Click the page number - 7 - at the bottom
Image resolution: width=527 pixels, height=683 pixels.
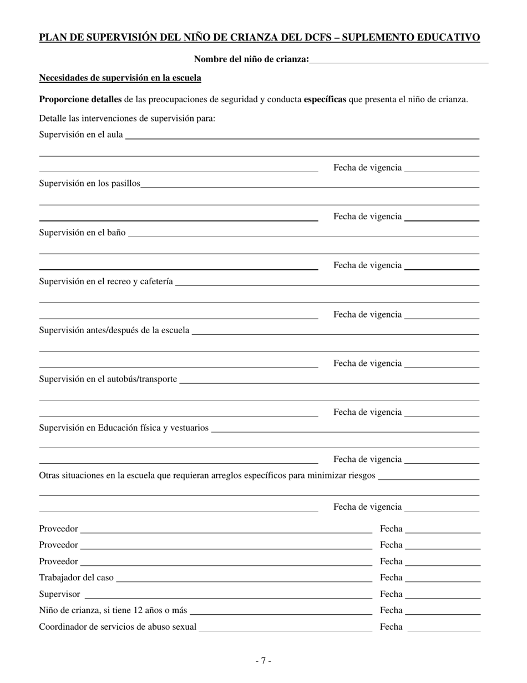pyautogui.click(x=263, y=660)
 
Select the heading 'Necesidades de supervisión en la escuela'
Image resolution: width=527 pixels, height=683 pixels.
pyautogui.click(x=120, y=78)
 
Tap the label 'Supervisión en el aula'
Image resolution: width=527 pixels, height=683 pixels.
pyautogui.click(x=81, y=134)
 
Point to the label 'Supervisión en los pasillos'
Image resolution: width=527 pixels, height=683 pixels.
pyautogui.click(x=89, y=183)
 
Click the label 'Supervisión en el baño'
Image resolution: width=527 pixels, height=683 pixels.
pyautogui.click(x=82, y=232)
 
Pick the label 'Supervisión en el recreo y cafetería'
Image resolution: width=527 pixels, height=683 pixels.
pyautogui.click(x=106, y=282)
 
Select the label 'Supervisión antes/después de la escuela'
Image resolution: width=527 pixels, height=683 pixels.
pyautogui.click(x=114, y=330)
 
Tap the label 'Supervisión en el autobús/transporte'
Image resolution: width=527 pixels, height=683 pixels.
pyautogui.click(x=108, y=379)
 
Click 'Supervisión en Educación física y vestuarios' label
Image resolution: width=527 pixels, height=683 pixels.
pyautogui.click(x=124, y=428)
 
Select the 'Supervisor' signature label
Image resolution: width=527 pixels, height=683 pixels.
pyautogui.click(x=59, y=594)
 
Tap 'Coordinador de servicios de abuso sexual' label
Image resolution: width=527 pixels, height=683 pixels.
pyautogui.click(x=118, y=627)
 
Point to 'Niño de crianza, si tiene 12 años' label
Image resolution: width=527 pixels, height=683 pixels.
pyautogui.click(x=113, y=610)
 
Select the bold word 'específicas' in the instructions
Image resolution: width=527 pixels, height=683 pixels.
pyautogui.click(x=325, y=99)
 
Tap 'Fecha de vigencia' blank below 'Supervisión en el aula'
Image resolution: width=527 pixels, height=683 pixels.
pyautogui.click(x=442, y=169)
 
